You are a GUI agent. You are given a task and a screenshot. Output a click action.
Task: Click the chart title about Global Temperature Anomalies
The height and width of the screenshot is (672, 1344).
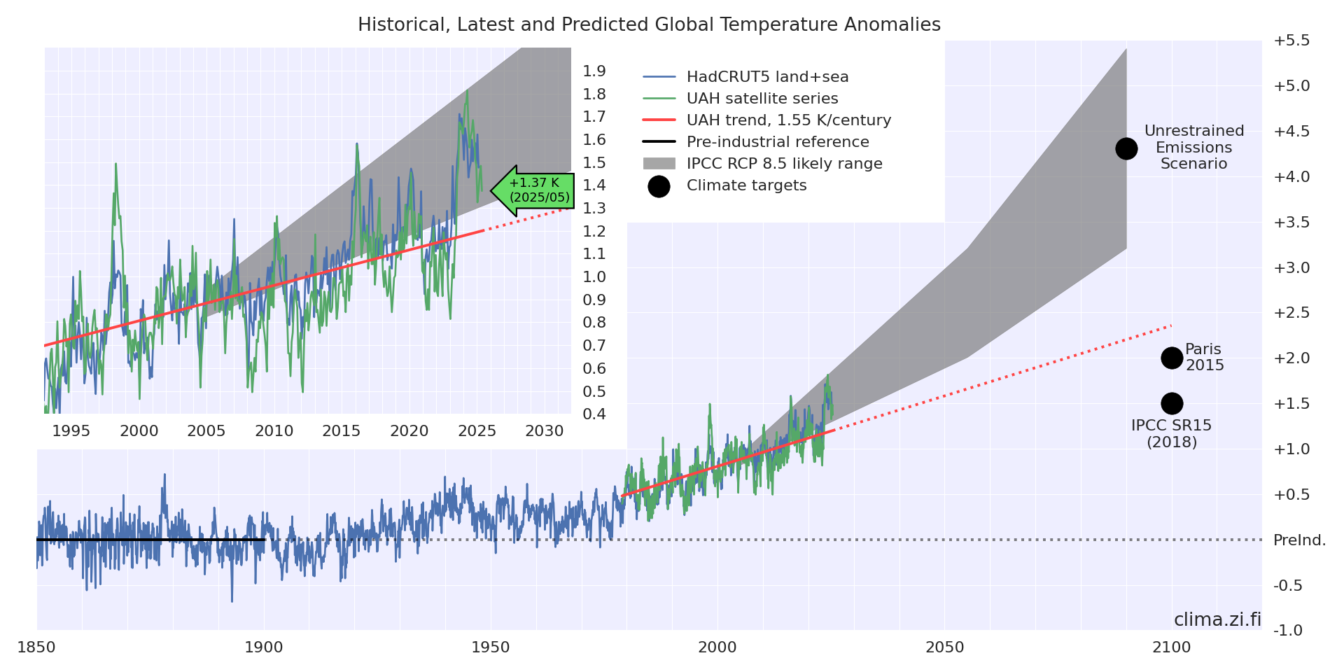click(x=649, y=25)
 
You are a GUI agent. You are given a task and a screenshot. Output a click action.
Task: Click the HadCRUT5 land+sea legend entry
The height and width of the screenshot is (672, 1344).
click(x=767, y=77)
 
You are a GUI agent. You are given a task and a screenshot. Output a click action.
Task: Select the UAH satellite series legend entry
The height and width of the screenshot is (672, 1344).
click(x=762, y=99)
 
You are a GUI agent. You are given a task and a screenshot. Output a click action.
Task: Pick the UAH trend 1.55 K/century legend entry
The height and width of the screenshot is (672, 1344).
click(x=788, y=120)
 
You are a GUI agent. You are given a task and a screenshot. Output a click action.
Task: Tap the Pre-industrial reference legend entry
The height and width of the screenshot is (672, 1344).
click(x=777, y=142)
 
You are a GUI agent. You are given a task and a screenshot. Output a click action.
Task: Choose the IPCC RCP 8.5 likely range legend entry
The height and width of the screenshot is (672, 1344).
click(x=784, y=164)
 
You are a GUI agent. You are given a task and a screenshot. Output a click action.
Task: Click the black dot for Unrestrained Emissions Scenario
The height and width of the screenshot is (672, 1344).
click(x=1126, y=148)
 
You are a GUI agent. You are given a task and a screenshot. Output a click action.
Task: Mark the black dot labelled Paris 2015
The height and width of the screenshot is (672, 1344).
click(x=1172, y=358)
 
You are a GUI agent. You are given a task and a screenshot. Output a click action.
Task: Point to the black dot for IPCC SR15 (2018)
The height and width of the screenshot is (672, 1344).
click(x=1172, y=403)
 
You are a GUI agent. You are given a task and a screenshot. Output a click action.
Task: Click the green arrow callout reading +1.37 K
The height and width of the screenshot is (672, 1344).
click(x=533, y=190)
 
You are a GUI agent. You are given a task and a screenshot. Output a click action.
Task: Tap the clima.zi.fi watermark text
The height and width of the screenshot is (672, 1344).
click(x=1217, y=620)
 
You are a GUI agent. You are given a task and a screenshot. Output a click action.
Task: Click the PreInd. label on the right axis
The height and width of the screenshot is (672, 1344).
click(x=1299, y=540)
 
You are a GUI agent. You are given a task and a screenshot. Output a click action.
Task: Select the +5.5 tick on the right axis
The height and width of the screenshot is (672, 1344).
click(x=1291, y=41)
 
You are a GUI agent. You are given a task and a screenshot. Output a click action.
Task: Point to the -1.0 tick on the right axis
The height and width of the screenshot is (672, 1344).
click(x=1288, y=631)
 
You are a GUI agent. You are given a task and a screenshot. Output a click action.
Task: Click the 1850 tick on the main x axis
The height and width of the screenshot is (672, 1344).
click(x=36, y=647)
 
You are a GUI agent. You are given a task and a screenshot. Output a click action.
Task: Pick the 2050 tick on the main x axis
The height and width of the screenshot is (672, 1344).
click(x=945, y=647)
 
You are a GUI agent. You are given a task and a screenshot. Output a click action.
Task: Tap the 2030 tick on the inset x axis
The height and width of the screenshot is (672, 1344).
click(x=545, y=431)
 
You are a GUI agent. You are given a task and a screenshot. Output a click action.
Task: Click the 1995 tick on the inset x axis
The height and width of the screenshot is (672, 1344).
click(x=71, y=431)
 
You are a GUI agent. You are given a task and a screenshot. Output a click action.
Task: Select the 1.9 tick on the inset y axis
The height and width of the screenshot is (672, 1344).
click(x=594, y=71)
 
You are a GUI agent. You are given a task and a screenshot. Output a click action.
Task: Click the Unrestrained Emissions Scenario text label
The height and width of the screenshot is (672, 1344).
click(x=1194, y=147)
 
